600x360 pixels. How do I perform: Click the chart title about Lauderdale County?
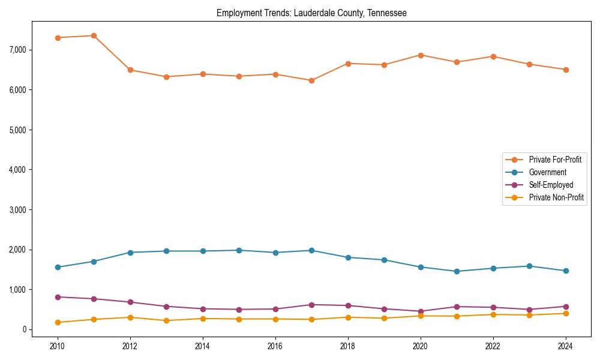311,13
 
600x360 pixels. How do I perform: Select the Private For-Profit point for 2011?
94,36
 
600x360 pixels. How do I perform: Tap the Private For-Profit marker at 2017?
311,80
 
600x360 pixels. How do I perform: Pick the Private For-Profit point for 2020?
421,55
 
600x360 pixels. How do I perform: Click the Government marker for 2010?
58,267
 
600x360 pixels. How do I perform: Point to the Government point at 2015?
239,250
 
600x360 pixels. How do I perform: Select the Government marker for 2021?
457,271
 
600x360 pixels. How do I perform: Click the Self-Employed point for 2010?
58,297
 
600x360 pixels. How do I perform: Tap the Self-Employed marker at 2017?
311,305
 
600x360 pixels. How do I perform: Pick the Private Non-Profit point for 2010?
58,322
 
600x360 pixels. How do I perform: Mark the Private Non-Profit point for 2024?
566,313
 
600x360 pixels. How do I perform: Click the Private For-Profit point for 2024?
566,70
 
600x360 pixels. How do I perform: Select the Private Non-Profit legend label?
556,197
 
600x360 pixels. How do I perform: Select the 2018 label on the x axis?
348,346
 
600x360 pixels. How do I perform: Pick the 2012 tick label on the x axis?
130,346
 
